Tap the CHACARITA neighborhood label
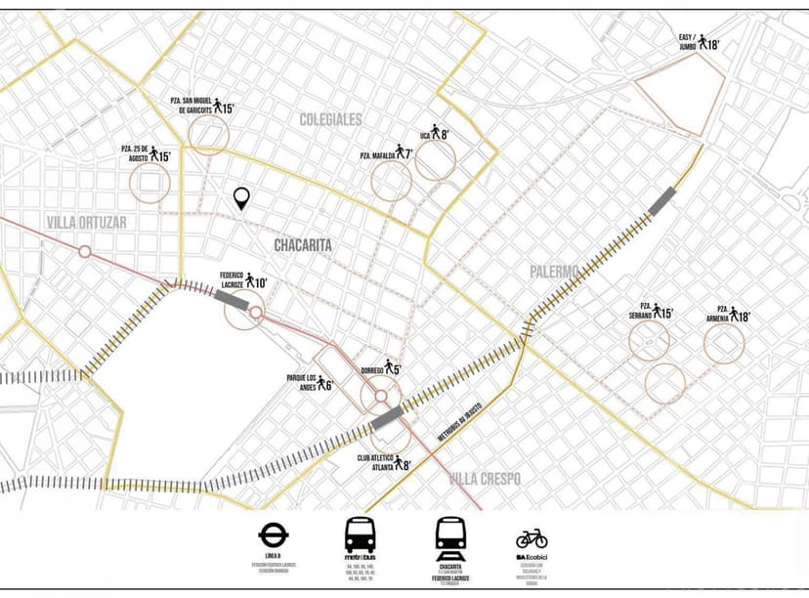click(x=302, y=245)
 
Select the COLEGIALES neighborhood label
click(x=330, y=119)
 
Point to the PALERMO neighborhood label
click(x=555, y=271)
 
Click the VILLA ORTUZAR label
click(x=86, y=222)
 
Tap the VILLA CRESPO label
click(x=485, y=478)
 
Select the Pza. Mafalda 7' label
click(x=387, y=153)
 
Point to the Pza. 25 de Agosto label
click(x=146, y=153)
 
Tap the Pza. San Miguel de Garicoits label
click(x=199, y=105)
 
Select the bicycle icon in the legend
click(x=532, y=538)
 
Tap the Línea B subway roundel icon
click(x=271, y=534)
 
